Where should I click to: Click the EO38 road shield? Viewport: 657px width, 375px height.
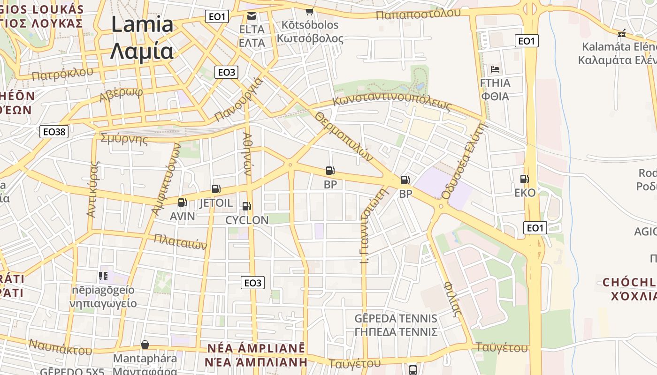(x=54, y=132)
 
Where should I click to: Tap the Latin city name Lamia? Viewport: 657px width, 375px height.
(x=142, y=24)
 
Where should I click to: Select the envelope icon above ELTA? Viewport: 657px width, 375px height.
(x=252, y=17)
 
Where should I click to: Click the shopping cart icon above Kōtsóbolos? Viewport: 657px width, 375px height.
(x=309, y=11)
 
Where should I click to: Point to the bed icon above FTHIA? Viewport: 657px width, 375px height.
(x=495, y=70)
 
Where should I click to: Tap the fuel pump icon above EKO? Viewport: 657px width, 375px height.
(x=524, y=179)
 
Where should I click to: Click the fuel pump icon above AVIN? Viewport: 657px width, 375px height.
(x=182, y=203)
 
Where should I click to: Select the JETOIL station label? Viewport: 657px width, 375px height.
(x=216, y=203)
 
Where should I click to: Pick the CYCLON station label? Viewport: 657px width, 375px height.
(x=247, y=220)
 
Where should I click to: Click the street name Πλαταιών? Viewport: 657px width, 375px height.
(x=181, y=241)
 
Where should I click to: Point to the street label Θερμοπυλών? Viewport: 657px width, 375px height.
(x=344, y=136)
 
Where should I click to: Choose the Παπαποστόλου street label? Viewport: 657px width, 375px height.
(x=419, y=14)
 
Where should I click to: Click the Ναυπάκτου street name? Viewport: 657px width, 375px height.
(x=60, y=346)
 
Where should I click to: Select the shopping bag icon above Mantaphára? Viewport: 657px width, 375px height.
(x=145, y=345)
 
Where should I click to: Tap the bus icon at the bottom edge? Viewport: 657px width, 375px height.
(x=413, y=370)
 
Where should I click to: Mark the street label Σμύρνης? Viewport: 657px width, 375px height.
(x=124, y=139)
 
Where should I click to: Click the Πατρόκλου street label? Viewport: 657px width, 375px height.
(x=62, y=73)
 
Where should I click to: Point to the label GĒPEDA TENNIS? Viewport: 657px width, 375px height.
(x=396, y=319)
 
